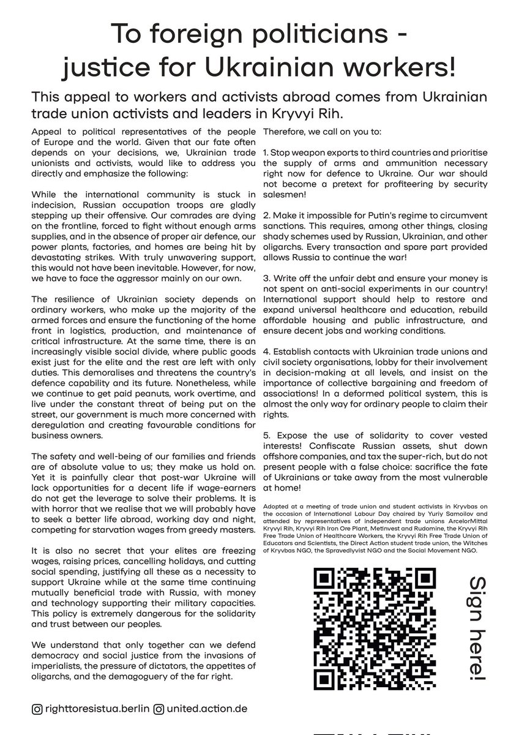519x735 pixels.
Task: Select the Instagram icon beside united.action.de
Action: point(159,709)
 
